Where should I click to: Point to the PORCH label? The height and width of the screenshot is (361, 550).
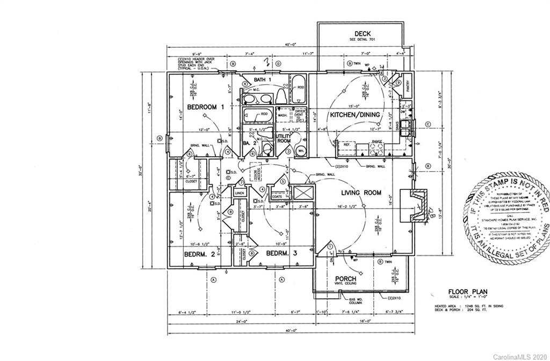tap(346, 278)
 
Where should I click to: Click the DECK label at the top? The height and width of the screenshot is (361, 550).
tap(359, 33)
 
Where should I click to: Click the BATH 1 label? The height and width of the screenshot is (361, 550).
tap(263, 80)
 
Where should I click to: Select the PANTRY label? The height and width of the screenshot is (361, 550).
tap(408, 88)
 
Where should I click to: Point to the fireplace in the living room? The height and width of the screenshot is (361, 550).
tap(414, 205)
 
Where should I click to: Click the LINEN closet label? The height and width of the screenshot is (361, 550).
tap(239, 193)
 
